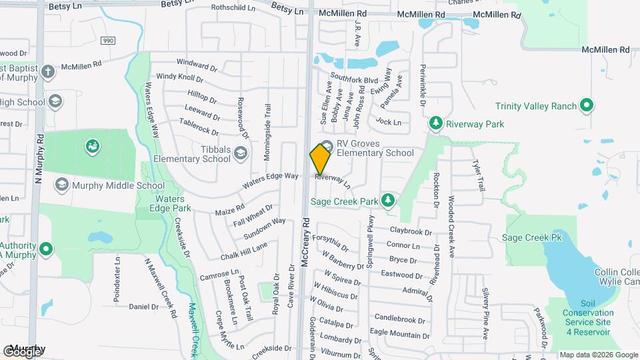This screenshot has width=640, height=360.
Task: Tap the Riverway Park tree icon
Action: click(435, 123)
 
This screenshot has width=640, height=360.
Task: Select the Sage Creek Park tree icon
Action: click(387, 200)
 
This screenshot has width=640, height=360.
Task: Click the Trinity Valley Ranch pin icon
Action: click(586, 105)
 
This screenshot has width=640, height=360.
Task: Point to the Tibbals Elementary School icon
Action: click(240, 155)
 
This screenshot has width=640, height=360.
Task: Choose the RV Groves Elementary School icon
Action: click(327, 147)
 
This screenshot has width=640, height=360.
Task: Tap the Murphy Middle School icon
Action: click(62, 185)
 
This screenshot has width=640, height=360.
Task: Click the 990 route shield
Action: click(108, 41)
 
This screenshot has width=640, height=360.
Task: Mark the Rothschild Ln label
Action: click(233, 8)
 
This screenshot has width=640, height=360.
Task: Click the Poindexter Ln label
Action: click(117, 280)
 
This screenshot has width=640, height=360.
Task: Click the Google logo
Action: click(21, 351)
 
